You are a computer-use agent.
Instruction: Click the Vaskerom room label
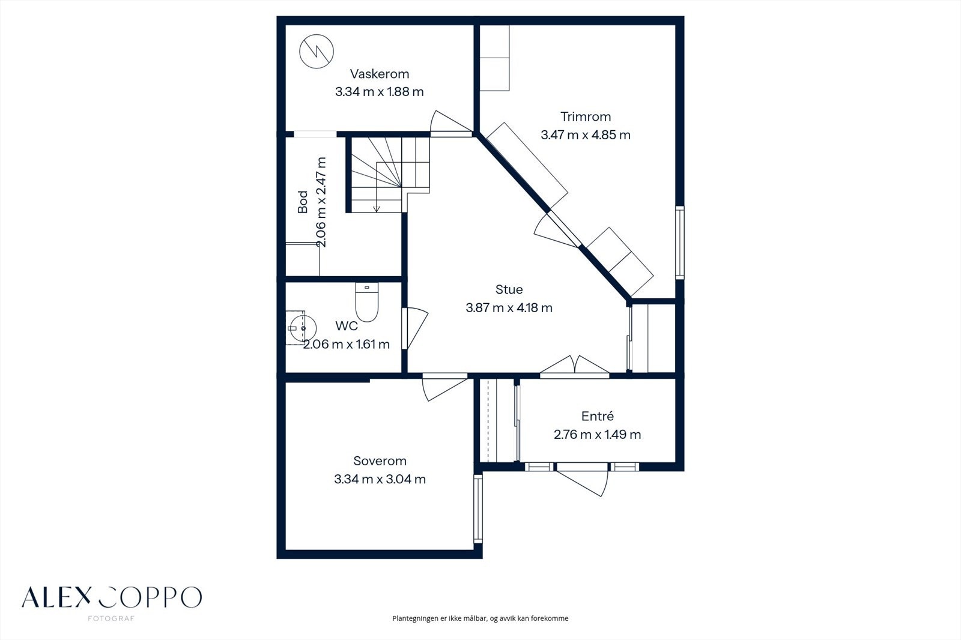380,74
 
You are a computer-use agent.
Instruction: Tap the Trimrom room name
586,116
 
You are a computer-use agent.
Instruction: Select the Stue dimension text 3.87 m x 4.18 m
509,307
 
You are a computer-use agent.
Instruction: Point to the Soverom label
380,460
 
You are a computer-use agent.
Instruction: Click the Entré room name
597,416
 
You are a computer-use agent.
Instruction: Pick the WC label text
347,326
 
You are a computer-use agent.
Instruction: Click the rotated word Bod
303,202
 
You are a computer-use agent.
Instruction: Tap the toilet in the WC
367,302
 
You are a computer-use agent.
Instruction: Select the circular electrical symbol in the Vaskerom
317,52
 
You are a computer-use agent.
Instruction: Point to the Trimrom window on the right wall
680,243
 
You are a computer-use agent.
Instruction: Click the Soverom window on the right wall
478,509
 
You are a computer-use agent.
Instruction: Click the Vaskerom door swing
450,122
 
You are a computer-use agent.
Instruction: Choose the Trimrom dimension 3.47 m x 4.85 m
586,135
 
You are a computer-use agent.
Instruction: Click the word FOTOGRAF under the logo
111,618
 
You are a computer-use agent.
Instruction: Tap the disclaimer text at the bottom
480,618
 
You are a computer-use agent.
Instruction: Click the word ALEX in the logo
57,597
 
